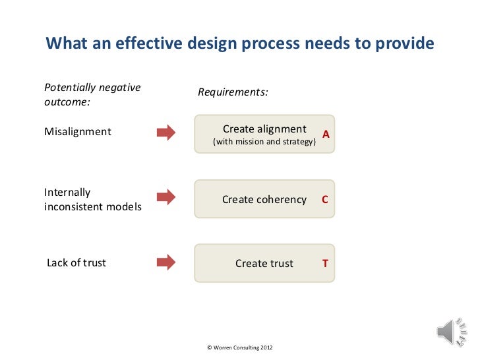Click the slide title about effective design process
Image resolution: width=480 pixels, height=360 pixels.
point(239,44)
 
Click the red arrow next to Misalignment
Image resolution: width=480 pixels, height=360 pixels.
point(165,132)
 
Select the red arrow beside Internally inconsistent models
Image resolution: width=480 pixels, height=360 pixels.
point(165,196)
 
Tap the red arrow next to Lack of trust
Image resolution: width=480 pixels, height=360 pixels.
point(165,262)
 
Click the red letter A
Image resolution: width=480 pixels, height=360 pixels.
point(325,135)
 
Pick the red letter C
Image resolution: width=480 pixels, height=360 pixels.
point(324,199)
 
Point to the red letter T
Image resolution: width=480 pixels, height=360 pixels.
point(324,264)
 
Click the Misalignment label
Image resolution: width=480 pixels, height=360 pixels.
point(78,132)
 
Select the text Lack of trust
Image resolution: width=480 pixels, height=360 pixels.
point(76,263)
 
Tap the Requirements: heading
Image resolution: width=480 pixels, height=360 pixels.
point(233,92)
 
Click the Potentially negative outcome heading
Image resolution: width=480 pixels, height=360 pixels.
point(92,95)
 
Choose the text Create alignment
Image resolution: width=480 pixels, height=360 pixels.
point(264,129)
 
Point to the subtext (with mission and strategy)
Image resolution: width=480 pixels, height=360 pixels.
point(263,142)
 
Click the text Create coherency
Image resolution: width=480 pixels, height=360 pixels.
point(264,199)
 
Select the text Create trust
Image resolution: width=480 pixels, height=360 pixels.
point(264,264)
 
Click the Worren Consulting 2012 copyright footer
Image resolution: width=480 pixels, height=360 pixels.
point(239,347)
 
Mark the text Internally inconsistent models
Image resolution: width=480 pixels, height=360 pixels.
point(92,200)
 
